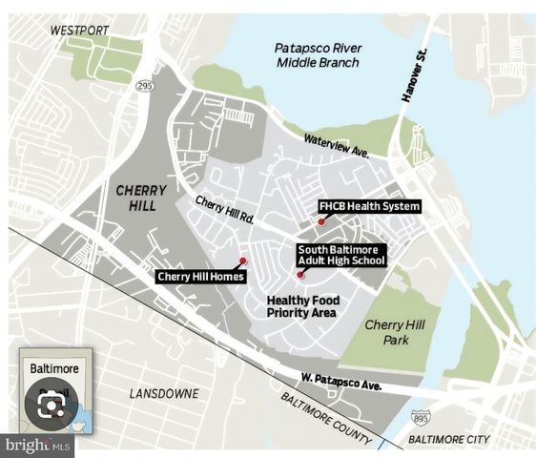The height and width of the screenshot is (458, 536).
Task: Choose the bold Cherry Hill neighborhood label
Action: point(140,198)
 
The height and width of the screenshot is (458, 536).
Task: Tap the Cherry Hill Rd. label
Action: point(225,209)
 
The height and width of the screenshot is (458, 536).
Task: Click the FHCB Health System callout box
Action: point(369,206)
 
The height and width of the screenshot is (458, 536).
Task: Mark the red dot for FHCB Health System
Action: point(321,221)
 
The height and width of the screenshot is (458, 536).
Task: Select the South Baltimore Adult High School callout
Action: point(340,255)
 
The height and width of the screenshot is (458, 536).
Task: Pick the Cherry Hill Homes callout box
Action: point(201,277)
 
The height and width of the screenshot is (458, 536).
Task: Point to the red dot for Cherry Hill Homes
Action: point(243,260)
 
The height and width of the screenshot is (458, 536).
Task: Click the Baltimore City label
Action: point(447,439)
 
